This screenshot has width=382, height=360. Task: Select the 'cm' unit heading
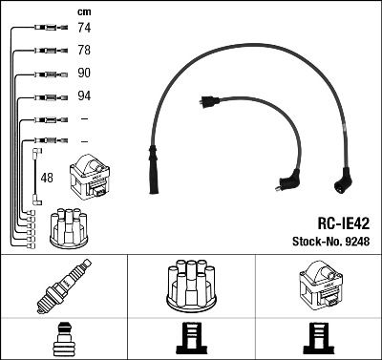[82, 11]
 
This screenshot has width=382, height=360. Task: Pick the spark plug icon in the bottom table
[64, 286]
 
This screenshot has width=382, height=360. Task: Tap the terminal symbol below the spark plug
[64, 337]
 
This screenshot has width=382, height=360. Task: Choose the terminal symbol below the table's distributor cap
[191, 337]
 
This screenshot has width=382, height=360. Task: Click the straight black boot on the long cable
[152, 161]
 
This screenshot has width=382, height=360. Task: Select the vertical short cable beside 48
[35, 177]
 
